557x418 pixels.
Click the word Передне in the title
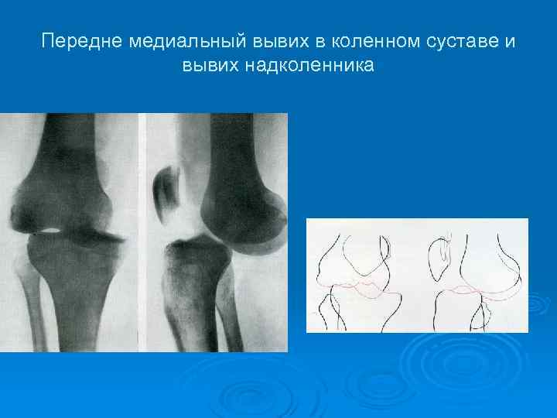76,40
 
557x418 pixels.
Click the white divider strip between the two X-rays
142,232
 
